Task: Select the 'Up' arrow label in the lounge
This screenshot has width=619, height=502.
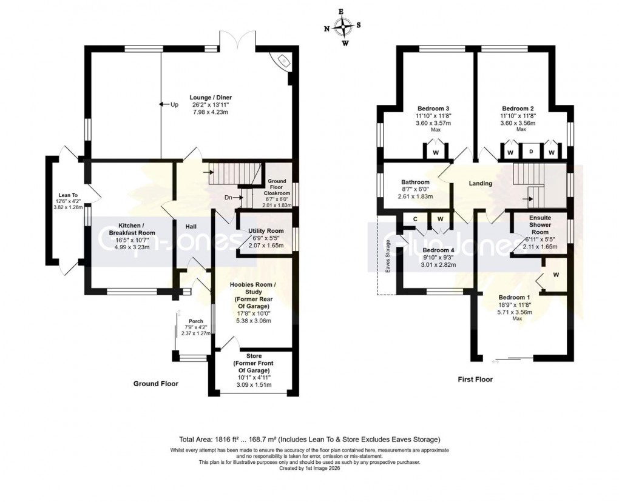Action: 169,105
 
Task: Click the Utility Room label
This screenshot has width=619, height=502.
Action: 266,231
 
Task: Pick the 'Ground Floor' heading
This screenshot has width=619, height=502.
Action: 156,384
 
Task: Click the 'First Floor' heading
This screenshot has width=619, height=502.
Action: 475,380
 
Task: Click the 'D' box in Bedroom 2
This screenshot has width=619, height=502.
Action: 530,151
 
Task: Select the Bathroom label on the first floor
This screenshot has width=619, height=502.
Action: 415,182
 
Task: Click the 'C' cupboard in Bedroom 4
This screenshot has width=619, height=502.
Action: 414,219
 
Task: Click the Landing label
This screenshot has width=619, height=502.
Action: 480,184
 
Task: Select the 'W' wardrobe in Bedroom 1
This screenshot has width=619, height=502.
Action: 556,274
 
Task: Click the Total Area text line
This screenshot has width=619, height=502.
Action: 310,439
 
